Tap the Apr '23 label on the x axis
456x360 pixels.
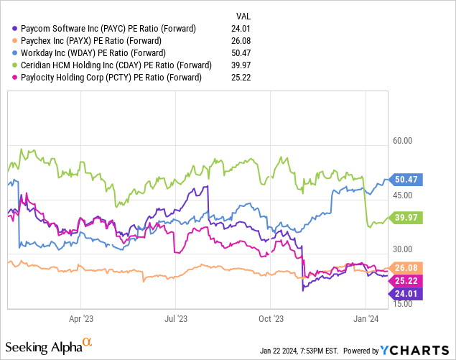(80, 317)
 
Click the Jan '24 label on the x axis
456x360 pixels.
(368, 317)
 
